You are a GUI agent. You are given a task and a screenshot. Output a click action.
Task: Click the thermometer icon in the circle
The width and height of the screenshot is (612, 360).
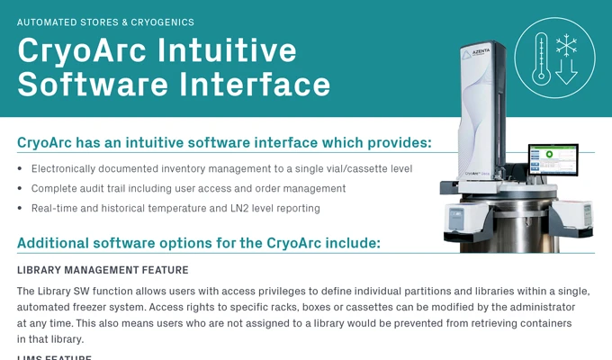pos(541,58)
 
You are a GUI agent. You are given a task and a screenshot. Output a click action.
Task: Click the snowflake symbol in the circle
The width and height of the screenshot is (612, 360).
pos(566,46)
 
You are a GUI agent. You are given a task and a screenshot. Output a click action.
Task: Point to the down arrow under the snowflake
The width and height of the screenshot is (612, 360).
pos(566,72)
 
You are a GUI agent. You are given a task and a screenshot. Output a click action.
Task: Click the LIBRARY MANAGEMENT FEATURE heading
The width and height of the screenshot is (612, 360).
pos(103,270)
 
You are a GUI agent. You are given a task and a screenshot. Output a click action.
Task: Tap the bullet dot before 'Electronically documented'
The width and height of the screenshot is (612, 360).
pos(21,169)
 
